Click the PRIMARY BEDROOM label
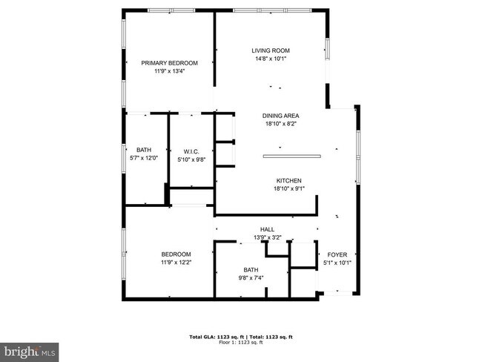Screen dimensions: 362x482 coord(169,63)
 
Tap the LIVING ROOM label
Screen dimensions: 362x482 coord(270,50)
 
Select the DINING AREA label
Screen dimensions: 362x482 coord(280,116)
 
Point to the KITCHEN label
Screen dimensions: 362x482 coord(288,180)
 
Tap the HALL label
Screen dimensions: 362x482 coord(268,229)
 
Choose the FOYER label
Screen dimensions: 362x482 coord(337,254)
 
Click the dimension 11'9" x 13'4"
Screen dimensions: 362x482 coord(169,72)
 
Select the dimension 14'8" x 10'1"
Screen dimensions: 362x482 coord(270,59)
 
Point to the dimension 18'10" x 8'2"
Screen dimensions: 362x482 coord(280,124)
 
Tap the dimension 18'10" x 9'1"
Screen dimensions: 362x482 coord(288,188)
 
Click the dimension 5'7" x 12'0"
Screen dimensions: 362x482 coord(143,158)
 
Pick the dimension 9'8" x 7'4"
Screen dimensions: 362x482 coord(251,278)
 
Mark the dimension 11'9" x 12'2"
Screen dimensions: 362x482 coord(176,263)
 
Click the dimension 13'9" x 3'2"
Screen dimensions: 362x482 coord(268,237)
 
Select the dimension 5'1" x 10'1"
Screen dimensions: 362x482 coord(337,263)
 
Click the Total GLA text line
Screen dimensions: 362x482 coord(241,336)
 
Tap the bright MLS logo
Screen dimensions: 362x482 coord(30,350)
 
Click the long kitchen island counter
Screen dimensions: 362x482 coord(291,157)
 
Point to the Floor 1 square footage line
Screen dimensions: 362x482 coord(241,342)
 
